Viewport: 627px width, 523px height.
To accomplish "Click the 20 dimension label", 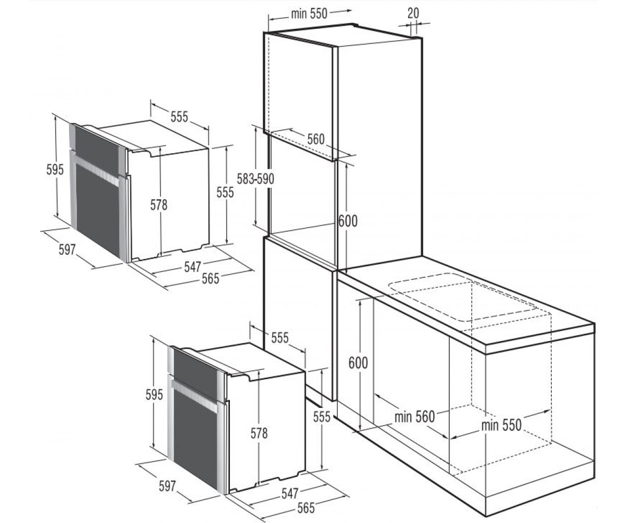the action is click(413, 13).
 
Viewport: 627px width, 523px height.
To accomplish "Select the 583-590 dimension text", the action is click(256, 179).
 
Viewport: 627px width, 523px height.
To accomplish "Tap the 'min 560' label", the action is click(414, 417).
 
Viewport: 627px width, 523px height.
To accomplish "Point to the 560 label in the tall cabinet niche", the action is click(316, 139).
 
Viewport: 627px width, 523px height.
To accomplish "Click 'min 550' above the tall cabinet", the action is click(309, 14).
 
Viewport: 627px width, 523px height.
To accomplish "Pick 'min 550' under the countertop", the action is click(501, 425).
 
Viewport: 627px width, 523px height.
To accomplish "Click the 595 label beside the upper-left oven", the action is click(55, 170).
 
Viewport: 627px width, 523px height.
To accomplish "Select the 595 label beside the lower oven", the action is click(154, 395).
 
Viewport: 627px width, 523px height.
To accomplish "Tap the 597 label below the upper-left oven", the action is click(67, 249).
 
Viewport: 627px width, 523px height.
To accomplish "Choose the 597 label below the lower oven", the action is click(167, 486).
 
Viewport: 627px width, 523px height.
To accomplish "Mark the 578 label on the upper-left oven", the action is click(158, 205).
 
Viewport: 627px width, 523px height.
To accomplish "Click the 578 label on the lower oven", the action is click(259, 434).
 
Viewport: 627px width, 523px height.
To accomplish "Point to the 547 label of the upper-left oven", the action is click(192, 267).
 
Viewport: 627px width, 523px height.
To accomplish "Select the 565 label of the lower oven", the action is click(306, 508).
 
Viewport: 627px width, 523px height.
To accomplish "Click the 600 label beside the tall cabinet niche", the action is click(348, 221).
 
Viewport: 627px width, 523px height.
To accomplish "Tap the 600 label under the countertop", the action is click(358, 363).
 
